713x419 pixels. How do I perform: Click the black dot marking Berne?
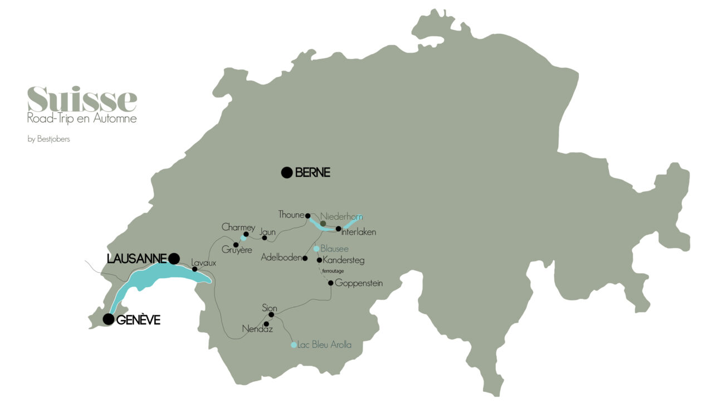pyautogui.click(x=286, y=172)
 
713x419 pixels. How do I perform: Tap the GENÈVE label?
pyautogui.click(x=139, y=319)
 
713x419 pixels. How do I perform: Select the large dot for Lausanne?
pyautogui.click(x=174, y=258)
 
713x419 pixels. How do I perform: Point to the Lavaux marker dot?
pyautogui.click(x=194, y=269)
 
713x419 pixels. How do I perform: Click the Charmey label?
pyautogui.click(x=238, y=227)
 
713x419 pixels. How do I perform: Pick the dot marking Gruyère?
pyautogui.click(x=236, y=245)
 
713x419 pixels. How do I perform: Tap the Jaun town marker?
pyautogui.click(x=265, y=238)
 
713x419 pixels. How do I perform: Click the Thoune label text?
pyautogui.click(x=291, y=215)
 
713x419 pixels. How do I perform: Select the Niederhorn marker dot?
pyautogui.click(x=323, y=223)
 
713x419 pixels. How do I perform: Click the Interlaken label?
pyautogui.click(x=359, y=232)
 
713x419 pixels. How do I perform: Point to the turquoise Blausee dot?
pyautogui.click(x=316, y=249)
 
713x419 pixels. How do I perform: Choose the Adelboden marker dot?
pyautogui.click(x=305, y=258)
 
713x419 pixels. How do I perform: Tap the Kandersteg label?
pyautogui.click(x=344, y=260)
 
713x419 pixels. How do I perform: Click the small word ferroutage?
pyautogui.click(x=333, y=271)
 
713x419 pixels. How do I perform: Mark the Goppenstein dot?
pyautogui.click(x=330, y=283)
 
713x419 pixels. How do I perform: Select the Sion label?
pyautogui.click(x=269, y=308)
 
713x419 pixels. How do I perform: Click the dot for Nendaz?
pyautogui.click(x=266, y=324)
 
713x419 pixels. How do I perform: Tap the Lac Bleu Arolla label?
pyautogui.click(x=325, y=345)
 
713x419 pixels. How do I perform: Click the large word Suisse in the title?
pyautogui.click(x=82, y=99)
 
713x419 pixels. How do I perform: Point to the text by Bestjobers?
pyautogui.click(x=48, y=139)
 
